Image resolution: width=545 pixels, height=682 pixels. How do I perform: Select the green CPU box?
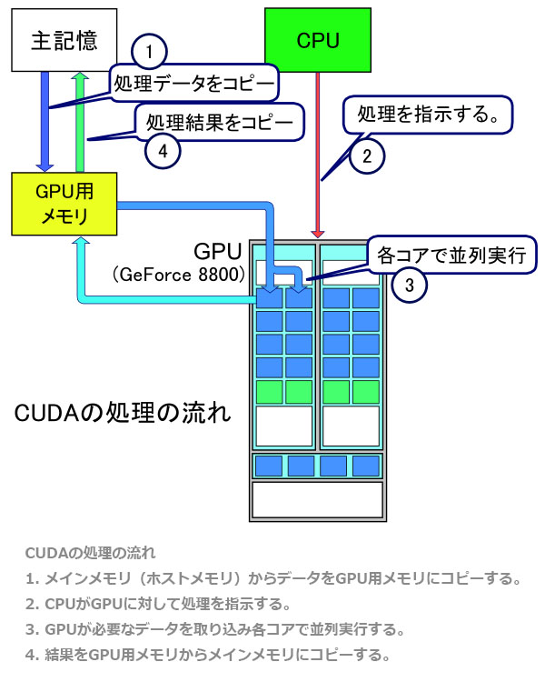point(318,40)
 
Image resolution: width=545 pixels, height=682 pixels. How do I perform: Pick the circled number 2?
point(366,155)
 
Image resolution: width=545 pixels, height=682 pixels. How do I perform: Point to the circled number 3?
point(409,286)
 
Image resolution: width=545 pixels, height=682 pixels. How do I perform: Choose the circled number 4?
point(163,151)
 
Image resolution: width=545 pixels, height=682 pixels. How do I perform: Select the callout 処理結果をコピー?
point(218,121)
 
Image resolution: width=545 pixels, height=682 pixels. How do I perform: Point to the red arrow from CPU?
point(318,155)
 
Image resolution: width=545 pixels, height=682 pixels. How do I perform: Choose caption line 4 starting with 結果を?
point(208,654)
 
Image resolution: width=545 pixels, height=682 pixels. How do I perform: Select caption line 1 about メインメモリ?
point(272,577)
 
